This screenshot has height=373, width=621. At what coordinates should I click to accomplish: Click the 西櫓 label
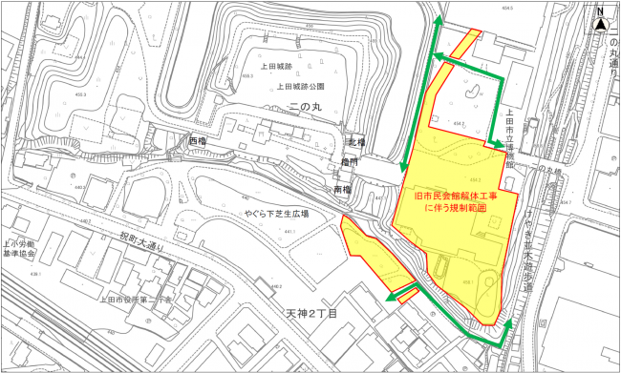tap(198, 141)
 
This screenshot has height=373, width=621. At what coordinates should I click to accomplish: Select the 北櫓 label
tap(356, 144)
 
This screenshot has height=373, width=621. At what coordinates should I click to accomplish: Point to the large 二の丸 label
tap(303, 109)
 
